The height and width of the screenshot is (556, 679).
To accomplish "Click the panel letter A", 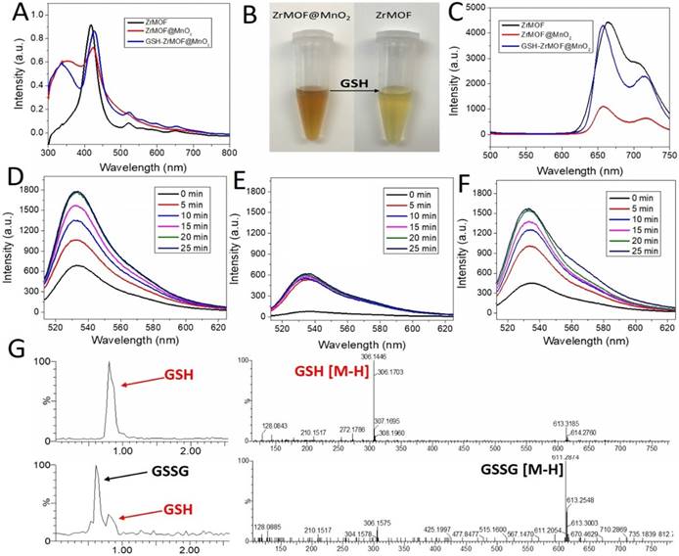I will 15,14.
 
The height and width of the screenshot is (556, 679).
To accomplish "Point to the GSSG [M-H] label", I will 528,467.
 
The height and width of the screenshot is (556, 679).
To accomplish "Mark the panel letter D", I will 15,180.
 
